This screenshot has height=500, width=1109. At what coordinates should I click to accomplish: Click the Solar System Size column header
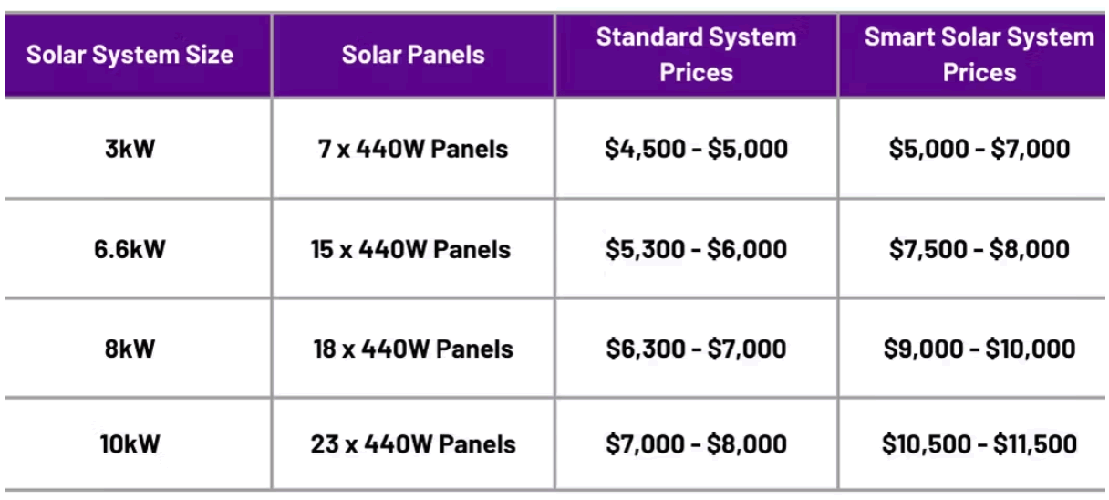click(130, 55)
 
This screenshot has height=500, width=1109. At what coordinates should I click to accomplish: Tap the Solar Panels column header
click(413, 55)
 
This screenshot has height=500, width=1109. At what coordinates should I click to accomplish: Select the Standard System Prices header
click(696, 55)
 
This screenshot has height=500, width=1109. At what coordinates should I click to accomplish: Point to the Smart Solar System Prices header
click(979, 55)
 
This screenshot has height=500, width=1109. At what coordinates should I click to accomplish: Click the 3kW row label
click(130, 149)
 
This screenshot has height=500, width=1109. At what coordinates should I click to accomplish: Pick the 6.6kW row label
click(130, 249)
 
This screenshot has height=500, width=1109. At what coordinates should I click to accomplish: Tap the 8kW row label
click(130, 349)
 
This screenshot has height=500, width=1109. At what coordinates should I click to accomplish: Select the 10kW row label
click(130, 443)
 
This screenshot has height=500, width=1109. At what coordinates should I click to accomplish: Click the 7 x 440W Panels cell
click(413, 149)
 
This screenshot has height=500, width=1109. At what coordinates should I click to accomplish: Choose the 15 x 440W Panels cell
click(411, 249)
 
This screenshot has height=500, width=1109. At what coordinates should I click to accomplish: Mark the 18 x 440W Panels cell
click(413, 349)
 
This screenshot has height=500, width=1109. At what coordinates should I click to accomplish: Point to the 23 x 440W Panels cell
click(413, 443)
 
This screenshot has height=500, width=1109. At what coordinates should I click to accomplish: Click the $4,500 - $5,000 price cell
click(696, 149)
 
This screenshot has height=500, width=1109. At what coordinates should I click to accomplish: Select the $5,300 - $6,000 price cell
click(696, 249)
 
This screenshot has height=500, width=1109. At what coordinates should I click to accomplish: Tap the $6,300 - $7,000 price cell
click(696, 349)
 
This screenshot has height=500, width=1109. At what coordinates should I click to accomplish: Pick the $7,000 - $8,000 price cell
click(696, 443)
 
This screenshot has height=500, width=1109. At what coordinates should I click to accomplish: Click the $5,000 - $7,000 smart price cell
click(979, 149)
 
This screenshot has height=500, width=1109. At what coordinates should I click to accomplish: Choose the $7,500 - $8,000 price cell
click(979, 249)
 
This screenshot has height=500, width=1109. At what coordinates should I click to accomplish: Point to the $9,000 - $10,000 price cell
click(979, 349)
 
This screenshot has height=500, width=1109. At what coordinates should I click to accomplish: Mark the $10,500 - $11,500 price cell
click(979, 443)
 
